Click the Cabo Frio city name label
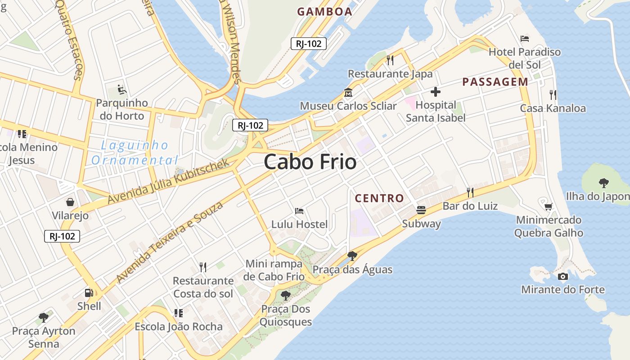click(310, 162)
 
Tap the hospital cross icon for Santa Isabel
click(435, 92)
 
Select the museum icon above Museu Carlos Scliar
click(348, 93)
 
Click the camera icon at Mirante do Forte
click(562, 276)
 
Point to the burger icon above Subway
click(421, 210)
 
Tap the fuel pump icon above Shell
click(89, 293)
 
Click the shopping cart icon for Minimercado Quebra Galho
click(548, 207)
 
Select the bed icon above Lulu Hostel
click(299, 211)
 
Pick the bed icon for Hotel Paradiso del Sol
click(524, 38)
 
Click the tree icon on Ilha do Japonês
click(603, 183)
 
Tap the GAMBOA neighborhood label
click(324, 12)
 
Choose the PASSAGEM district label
click(495, 82)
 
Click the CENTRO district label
click(379, 198)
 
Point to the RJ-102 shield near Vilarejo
click(62, 236)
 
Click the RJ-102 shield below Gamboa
click(308, 44)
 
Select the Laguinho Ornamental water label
click(135, 153)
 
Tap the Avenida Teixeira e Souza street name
click(170, 242)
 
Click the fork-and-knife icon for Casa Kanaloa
click(553, 95)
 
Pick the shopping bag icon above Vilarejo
click(70, 202)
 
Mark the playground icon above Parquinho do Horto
click(122, 89)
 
